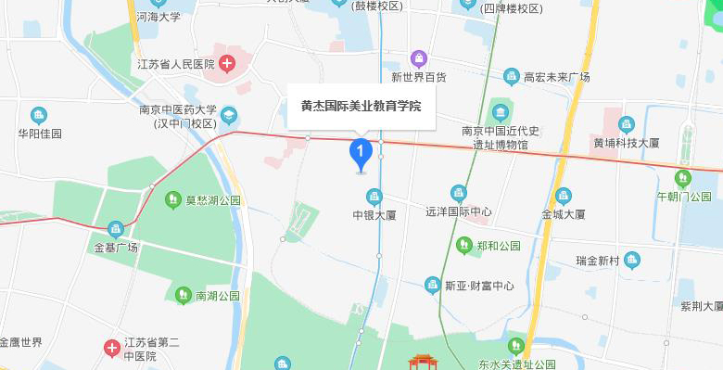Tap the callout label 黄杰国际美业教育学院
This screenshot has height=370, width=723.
tap(361, 106)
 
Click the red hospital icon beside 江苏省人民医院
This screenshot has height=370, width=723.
tap(227, 64)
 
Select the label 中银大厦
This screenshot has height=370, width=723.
tap(374, 215)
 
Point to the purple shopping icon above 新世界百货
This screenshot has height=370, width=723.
tap(419, 59)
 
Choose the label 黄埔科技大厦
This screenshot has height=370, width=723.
tap(627, 143)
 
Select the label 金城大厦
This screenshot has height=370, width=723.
tap(564, 214)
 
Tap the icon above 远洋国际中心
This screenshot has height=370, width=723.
tap(458, 193)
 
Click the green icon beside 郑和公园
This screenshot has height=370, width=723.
tap(464, 246)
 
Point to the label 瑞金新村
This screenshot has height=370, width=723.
tap(597, 260)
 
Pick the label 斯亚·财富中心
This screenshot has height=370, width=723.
tap(477, 286)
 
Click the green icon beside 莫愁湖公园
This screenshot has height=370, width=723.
tap(172, 199)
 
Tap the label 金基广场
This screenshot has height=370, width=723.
tap(116, 248)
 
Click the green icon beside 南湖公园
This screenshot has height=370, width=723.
tap(183, 296)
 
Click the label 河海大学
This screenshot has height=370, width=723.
tap(158, 16)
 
